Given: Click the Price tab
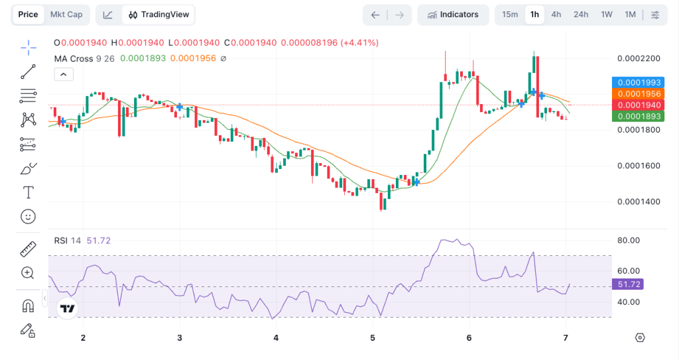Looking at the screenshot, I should [x=28, y=15].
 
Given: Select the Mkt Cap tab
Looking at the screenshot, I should [x=66, y=15].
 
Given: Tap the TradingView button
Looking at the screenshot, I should [x=159, y=15].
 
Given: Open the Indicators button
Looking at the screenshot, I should [x=453, y=15].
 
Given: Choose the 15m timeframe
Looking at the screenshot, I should [x=510, y=15].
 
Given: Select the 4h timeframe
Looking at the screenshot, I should [x=556, y=15].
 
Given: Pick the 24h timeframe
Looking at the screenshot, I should [x=581, y=15].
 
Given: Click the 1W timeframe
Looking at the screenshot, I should [x=606, y=15].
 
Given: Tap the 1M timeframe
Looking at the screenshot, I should [x=630, y=15].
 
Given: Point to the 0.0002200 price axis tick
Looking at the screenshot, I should [x=639, y=58].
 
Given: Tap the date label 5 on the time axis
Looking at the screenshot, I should [x=373, y=338].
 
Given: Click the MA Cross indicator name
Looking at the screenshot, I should [x=73, y=58].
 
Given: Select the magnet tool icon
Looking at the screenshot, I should [x=28, y=306].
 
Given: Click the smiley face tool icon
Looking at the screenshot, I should [x=28, y=216].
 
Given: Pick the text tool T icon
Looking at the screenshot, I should [x=28, y=192].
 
